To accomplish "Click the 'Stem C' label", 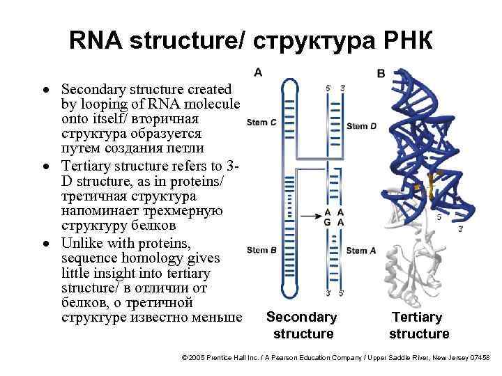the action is (261, 123).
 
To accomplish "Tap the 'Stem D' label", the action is (361, 126).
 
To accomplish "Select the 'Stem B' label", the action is (261, 250).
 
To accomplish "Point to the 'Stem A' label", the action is (361, 251).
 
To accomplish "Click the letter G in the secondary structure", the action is (327, 222).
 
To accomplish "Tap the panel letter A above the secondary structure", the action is (258, 72).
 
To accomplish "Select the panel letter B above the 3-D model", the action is (381, 73).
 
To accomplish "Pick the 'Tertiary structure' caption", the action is (418, 325).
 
